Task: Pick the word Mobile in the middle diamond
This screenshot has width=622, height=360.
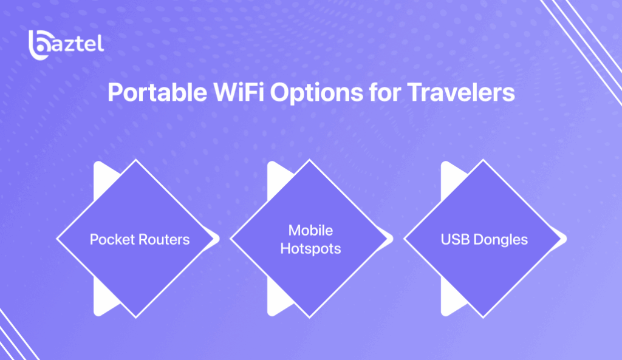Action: click(310, 231)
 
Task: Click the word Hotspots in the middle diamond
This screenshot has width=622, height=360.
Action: click(310, 249)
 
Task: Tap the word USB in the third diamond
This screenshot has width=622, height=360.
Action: click(453, 239)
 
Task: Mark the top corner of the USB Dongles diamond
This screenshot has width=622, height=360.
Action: click(483, 161)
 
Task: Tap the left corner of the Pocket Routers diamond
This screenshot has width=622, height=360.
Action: click(58, 239)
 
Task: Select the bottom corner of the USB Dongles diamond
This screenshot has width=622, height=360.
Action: click(483, 316)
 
